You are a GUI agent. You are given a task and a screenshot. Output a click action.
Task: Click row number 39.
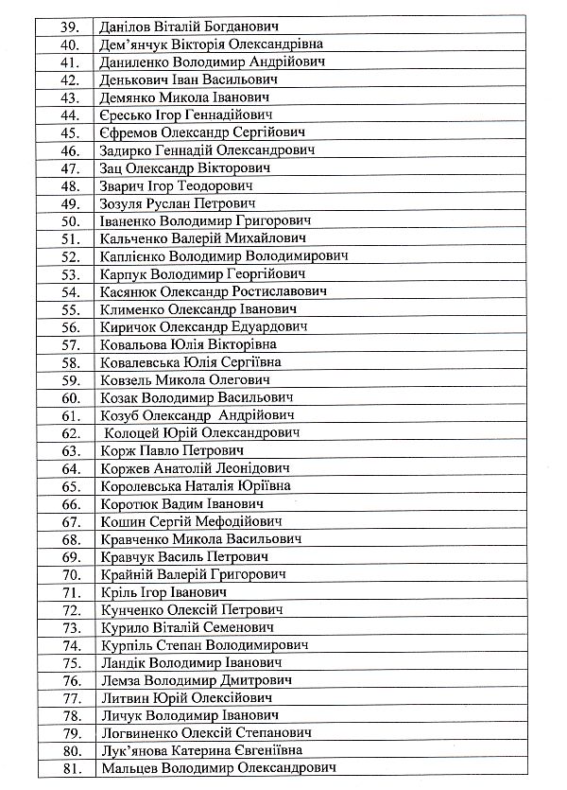coord(69,26)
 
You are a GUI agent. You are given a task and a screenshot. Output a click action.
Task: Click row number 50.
coord(69,220)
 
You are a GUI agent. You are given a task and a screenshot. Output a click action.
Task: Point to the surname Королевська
coord(141,485)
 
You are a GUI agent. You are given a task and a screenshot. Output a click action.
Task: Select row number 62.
coord(69,432)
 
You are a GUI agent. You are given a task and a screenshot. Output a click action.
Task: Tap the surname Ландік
coord(123,662)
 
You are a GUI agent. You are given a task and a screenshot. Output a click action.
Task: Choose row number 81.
coord(69,768)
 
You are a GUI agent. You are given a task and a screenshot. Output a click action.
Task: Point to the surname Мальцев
coord(129,768)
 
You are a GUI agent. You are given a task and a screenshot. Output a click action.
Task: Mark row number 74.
coord(69,644)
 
